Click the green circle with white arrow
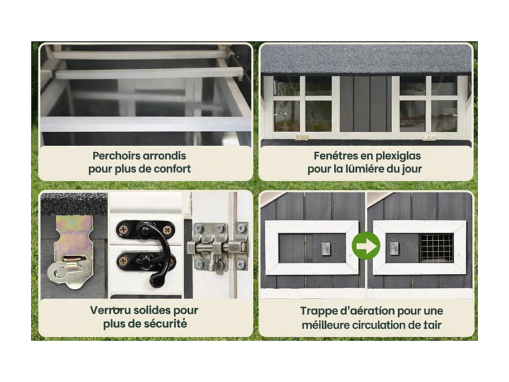click(366, 245)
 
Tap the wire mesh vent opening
click(436, 248)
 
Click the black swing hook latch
click(146, 250)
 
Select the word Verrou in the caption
click(111, 310)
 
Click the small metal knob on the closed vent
click(325, 248)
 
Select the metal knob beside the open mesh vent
click(395, 248)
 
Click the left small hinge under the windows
click(301, 137)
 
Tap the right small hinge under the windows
click(429, 138)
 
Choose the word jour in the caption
click(412, 169)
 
